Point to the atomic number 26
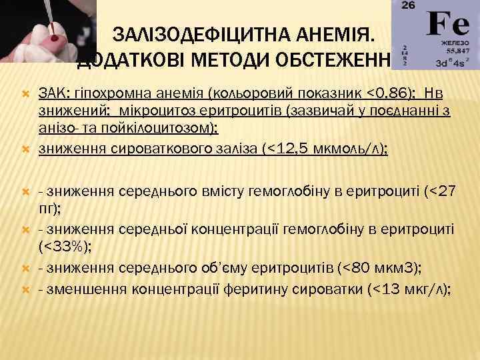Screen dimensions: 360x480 coord(409,6)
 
